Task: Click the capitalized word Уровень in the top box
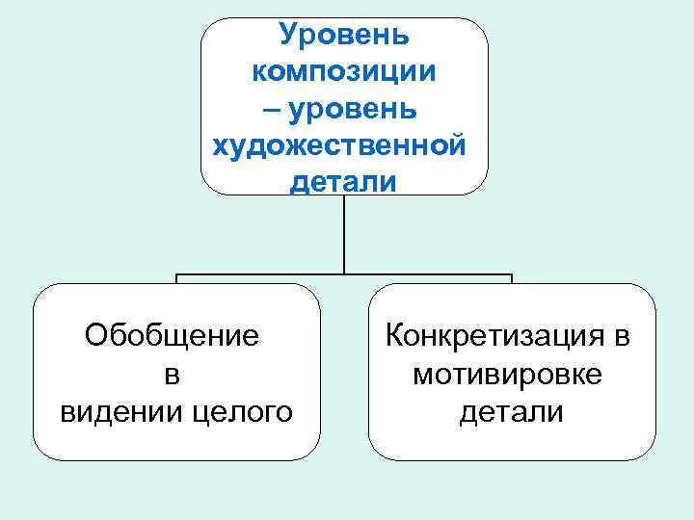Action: (x=344, y=35)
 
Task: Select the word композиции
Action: (x=344, y=71)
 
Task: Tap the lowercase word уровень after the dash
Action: (x=359, y=108)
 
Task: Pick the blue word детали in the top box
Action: (x=342, y=181)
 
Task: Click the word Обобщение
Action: (x=172, y=337)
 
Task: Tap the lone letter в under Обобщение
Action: (x=173, y=375)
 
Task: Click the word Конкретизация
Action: (x=495, y=336)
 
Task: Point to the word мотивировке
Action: (x=507, y=374)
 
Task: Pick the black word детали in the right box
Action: (x=511, y=412)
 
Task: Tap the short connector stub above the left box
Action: (x=176, y=279)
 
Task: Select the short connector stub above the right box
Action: (x=512, y=279)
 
